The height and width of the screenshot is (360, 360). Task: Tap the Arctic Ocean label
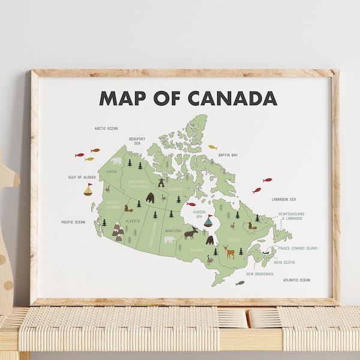pyautogui.click(x=106, y=128)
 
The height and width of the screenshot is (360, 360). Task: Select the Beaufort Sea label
pyautogui.click(x=137, y=141)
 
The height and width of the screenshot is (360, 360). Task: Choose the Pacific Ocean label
pyautogui.click(x=73, y=222)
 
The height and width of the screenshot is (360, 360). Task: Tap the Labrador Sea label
pyautogui.click(x=284, y=199)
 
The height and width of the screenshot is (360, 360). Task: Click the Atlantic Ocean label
pyautogui.click(x=297, y=280)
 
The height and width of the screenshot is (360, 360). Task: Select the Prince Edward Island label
pyautogui.click(x=298, y=248)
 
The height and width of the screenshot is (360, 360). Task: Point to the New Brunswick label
pyautogui.click(x=260, y=274)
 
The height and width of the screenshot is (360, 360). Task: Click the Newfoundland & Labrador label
pyautogui.click(x=291, y=216)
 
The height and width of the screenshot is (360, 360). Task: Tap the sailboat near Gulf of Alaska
pyautogui.click(x=88, y=190)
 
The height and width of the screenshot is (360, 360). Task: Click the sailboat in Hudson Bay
pyautogui.click(x=208, y=221)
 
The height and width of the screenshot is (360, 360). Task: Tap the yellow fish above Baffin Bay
pyautogui.click(x=212, y=146)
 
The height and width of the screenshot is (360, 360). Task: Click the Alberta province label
pyautogui.click(x=133, y=220)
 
